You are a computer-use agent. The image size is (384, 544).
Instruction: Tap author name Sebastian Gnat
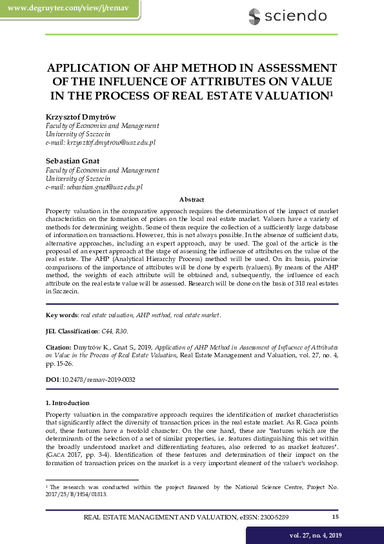[71, 160]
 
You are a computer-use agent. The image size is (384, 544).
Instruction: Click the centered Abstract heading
[192, 200]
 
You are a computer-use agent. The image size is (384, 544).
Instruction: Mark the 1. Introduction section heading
[72, 403]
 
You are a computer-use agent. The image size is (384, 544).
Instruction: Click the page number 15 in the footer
[335, 516]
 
